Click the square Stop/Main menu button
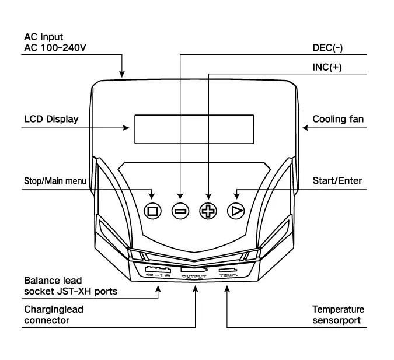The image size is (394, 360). pyautogui.click(x=153, y=211)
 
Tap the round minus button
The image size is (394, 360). pyautogui.click(x=180, y=211)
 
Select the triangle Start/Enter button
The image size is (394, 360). pyautogui.click(x=236, y=211)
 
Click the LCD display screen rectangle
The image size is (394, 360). pyautogui.click(x=194, y=129)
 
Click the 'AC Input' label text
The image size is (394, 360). pyautogui.click(x=43, y=37)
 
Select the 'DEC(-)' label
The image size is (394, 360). pyautogui.click(x=327, y=47)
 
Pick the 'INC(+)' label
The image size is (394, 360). pyautogui.click(x=327, y=67)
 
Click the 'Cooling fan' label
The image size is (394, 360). pyautogui.click(x=338, y=119)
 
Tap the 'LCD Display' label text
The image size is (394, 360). pyautogui.click(x=51, y=119)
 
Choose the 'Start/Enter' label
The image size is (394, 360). pyautogui.click(x=337, y=180)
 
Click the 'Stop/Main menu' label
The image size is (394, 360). pyautogui.click(x=55, y=181)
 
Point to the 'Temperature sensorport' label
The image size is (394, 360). pyautogui.click(x=338, y=314)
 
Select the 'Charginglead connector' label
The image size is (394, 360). pyautogui.click(x=54, y=314)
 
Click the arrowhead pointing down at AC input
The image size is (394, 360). pyautogui.click(x=122, y=74)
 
